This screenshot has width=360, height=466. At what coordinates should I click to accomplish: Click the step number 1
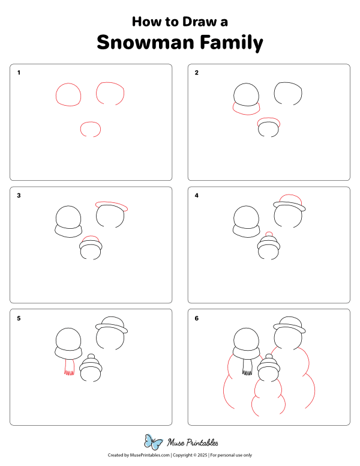[x=19, y=73]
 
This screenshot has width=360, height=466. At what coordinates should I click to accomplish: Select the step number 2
[x=197, y=73]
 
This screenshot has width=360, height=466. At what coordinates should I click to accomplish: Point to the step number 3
[x=19, y=195]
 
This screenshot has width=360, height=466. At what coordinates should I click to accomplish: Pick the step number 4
[x=197, y=195]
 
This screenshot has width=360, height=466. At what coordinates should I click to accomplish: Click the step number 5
[x=19, y=318]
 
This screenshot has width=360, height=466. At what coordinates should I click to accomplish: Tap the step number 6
[x=197, y=318]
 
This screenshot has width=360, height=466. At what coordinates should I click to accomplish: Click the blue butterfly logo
[x=154, y=443]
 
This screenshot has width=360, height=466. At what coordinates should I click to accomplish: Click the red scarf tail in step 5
[x=68, y=368]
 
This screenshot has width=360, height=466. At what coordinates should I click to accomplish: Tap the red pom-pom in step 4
[x=269, y=234]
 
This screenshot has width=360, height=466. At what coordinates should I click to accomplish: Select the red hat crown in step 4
[x=290, y=199]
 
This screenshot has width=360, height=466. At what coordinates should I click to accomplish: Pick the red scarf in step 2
[x=246, y=109]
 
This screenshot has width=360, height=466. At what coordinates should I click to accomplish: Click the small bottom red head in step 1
[x=91, y=128]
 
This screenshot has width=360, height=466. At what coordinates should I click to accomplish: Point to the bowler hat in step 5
[x=112, y=324]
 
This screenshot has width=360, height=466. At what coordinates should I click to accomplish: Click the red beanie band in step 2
[x=268, y=123]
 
